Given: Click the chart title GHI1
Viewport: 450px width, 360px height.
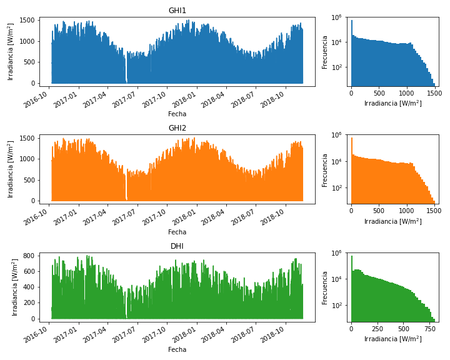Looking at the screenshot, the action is point(177,11).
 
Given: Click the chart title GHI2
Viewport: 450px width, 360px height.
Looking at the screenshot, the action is point(177,128).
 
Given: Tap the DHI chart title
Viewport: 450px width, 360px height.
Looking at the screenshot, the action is point(177,246).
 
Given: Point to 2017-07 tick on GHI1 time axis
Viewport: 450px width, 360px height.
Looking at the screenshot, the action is point(124,99).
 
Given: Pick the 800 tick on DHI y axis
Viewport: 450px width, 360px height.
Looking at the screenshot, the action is point(29,256).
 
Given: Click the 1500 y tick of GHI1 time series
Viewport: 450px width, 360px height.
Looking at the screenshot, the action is point(27,20).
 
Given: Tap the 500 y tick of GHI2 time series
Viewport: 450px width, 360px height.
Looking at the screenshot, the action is point(29,180).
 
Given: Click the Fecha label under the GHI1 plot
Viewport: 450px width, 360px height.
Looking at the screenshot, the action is point(177,114).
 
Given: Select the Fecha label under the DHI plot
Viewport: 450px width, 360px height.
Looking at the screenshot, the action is point(177,349).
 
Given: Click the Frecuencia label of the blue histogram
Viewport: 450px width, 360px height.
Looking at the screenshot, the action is point(324,52).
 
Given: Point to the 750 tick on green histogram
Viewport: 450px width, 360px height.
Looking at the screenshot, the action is point(429,329).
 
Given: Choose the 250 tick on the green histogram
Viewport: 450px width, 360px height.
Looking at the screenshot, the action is point(377,329).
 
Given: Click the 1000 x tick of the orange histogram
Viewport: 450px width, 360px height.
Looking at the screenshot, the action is point(406,211).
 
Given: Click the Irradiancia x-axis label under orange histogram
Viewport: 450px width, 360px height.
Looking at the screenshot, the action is point(393,221).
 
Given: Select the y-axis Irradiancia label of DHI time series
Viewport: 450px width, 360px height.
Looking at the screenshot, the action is point(15,287).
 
